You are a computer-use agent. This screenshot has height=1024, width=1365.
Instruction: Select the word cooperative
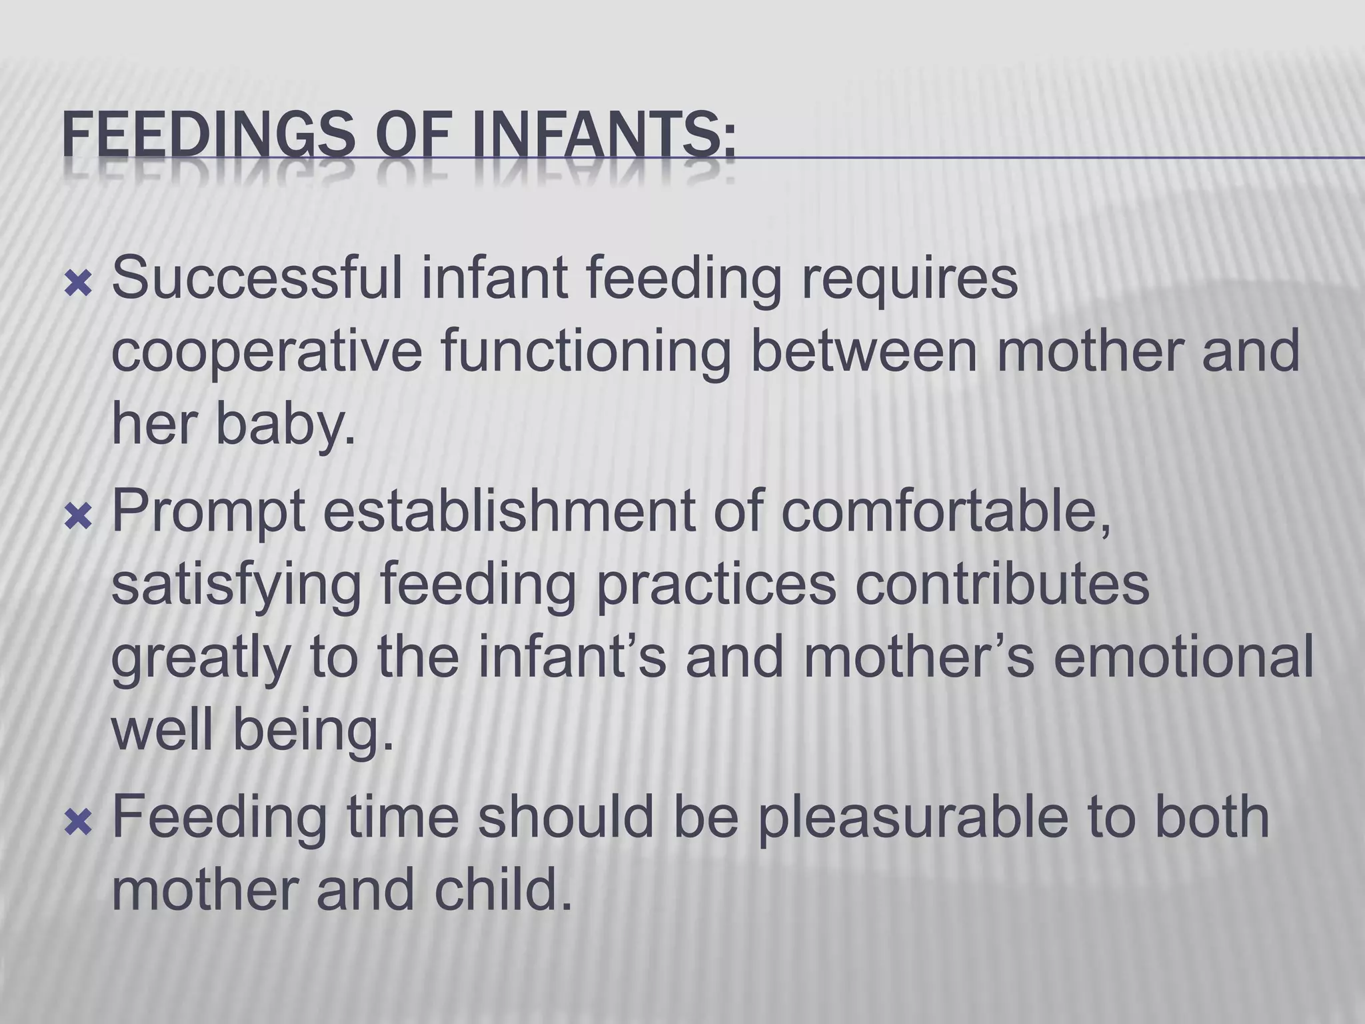pos(266,354)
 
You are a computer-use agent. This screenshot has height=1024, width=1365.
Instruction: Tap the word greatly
pos(201,660)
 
